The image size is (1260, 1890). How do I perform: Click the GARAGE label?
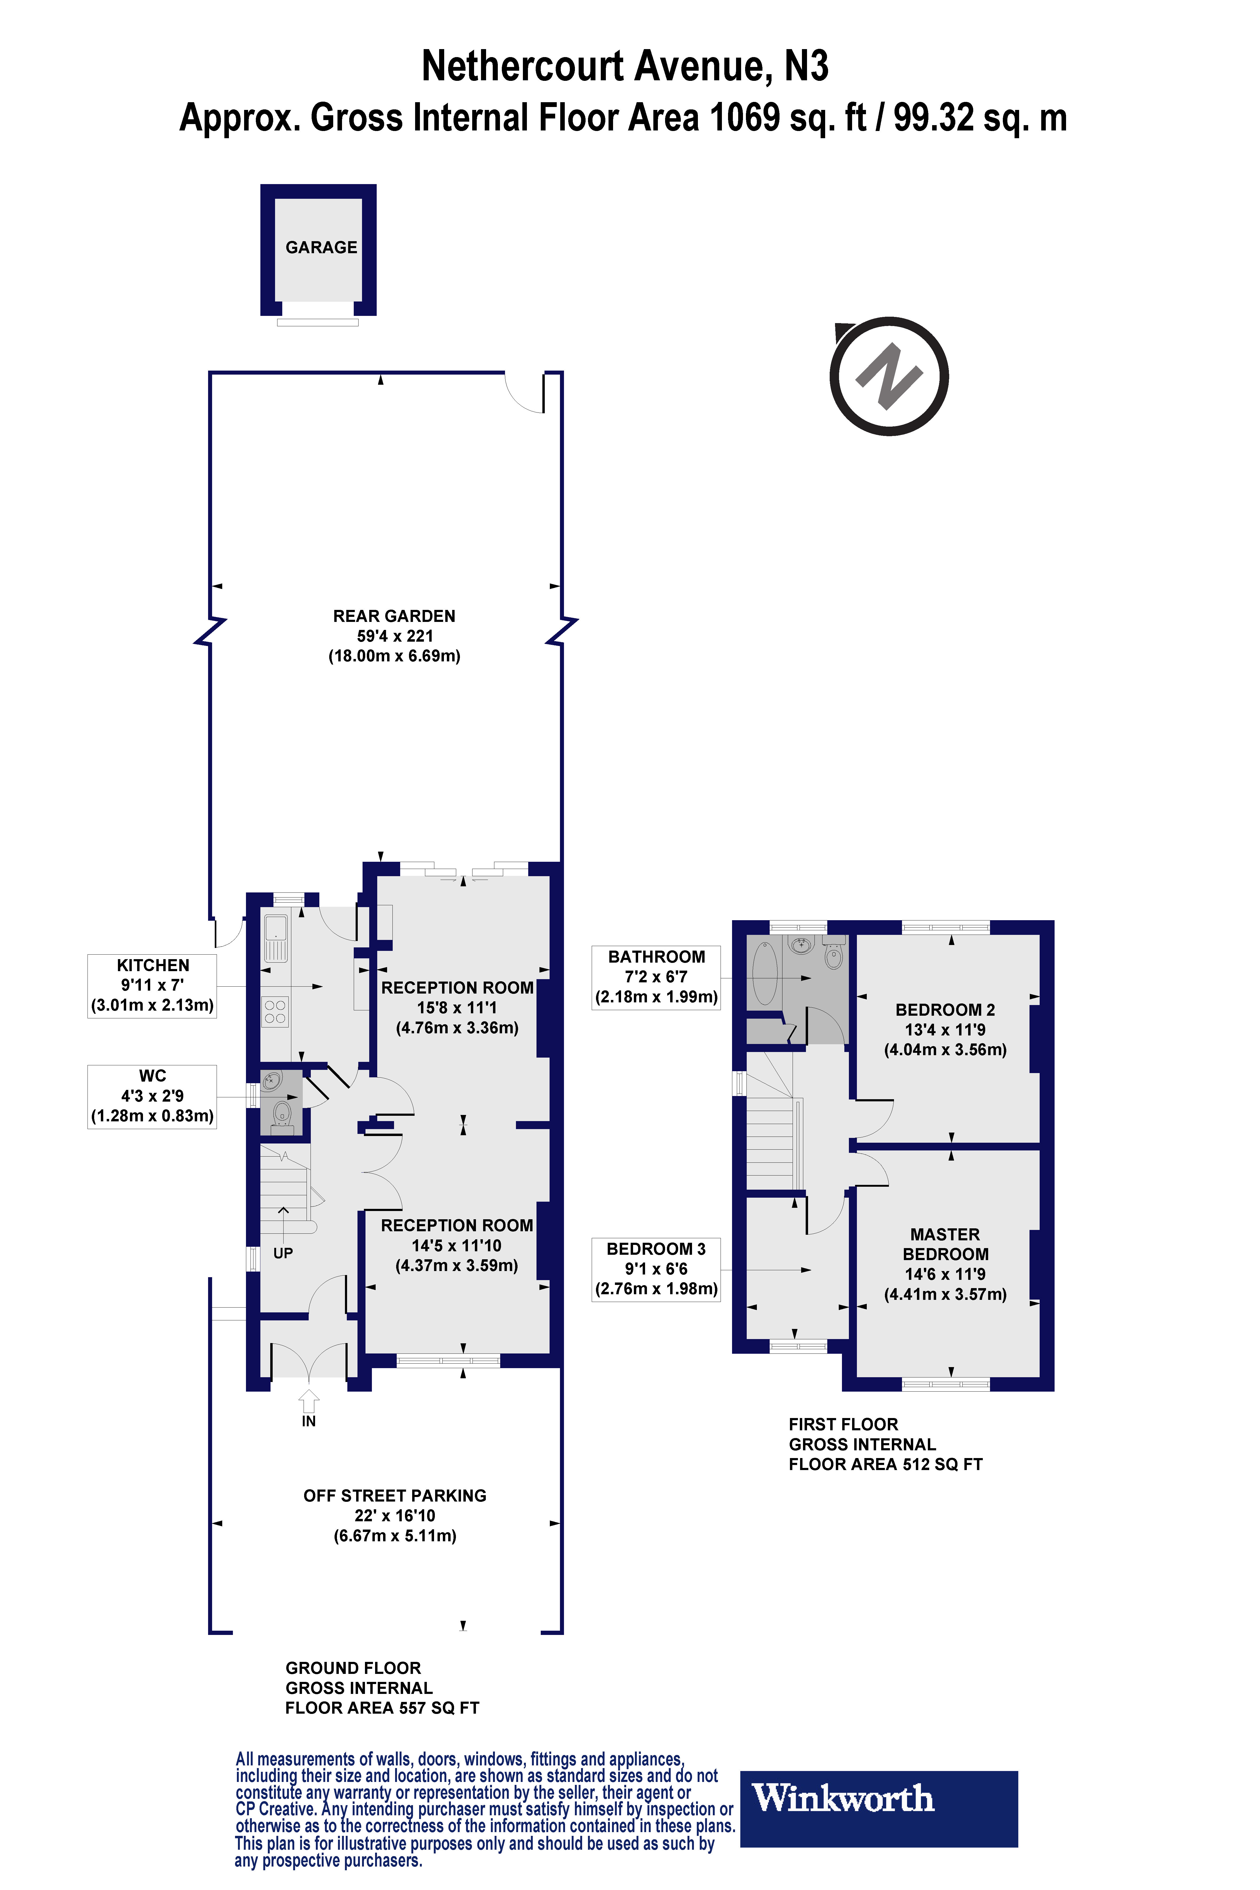tap(321, 248)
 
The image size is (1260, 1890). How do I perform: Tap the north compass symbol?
tap(889, 376)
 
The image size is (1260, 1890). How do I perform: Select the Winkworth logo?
tap(878, 1808)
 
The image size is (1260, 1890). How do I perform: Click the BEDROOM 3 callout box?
tap(656, 1269)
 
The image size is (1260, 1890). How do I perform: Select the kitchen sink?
tap(276, 937)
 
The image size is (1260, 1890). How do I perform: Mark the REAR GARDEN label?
tap(394, 616)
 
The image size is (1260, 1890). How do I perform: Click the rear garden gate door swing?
tap(524, 394)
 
